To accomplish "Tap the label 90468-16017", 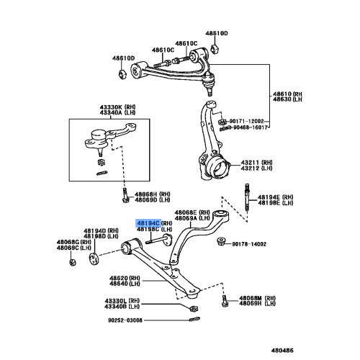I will [x=252, y=127].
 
